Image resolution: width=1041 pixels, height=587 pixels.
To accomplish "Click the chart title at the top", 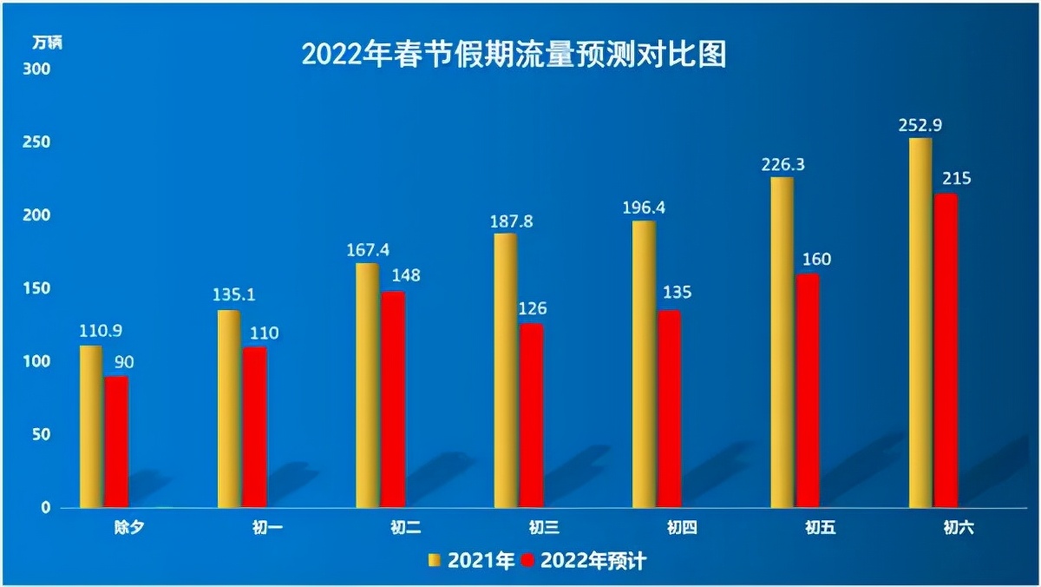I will tap(513, 55).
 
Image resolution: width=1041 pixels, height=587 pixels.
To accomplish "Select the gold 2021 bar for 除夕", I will tap(90, 425).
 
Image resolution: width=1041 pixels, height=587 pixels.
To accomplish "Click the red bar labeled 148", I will tap(392, 399).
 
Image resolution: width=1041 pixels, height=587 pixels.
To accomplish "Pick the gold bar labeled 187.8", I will tap(505, 370).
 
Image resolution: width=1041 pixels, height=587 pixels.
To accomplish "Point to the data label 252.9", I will tap(920, 125).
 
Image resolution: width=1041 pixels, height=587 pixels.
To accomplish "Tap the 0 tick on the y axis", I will tap(47, 508).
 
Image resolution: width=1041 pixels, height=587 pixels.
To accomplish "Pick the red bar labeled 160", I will tap(807, 391).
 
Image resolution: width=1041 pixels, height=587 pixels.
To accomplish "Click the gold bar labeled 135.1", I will tap(228, 408).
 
